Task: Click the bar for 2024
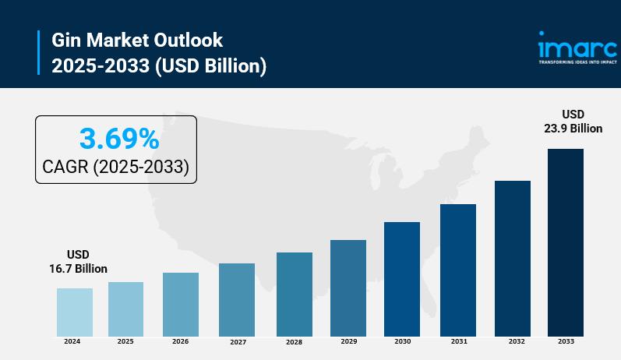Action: (x=75, y=312)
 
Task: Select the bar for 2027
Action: (x=237, y=300)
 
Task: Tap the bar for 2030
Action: (x=402, y=279)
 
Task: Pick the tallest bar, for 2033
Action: (x=566, y=242)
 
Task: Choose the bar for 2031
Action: (x=458, y=270)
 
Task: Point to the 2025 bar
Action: (x=125, y=309)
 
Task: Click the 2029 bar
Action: (x=348, y=288)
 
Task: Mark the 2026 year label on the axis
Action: (x=181, y=342)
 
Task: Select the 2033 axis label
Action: (x=566, y=342)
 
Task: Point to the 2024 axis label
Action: (x=72, y=342)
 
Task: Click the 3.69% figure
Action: (x=119, y=139)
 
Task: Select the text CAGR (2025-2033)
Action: (x=116, y=168)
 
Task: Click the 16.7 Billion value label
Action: (x=78, y=269)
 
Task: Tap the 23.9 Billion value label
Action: (x=573, y=129)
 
